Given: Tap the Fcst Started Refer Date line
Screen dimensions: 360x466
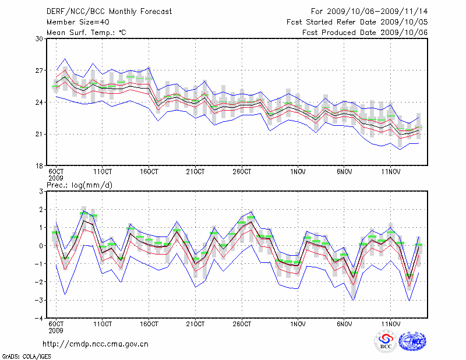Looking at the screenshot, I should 357,22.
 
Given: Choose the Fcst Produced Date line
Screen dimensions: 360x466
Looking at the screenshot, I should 365,33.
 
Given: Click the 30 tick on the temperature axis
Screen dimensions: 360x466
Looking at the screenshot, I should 40,39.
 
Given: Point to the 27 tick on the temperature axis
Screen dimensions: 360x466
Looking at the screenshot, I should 40,70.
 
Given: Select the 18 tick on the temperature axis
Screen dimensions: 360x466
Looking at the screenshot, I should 40,166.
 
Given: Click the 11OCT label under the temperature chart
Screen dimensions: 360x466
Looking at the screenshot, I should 103,172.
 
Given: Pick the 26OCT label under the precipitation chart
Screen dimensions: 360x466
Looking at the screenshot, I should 242,324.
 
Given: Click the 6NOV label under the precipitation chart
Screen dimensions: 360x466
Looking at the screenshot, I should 344,324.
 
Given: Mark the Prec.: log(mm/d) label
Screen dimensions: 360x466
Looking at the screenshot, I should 80,185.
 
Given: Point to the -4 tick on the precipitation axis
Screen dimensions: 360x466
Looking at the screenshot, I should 38,319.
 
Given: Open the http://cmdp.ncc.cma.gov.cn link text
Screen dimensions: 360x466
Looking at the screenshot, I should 96,344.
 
